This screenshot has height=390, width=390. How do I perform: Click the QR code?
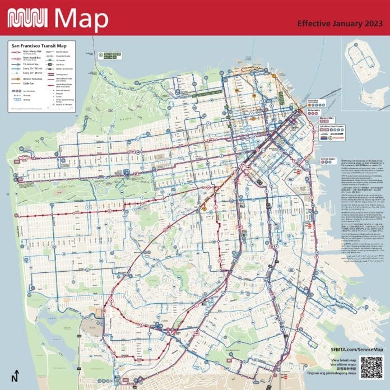pyautogui.click(x=370, y=366)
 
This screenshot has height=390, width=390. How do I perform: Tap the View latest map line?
pyautogui.click(x=343, y=359)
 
